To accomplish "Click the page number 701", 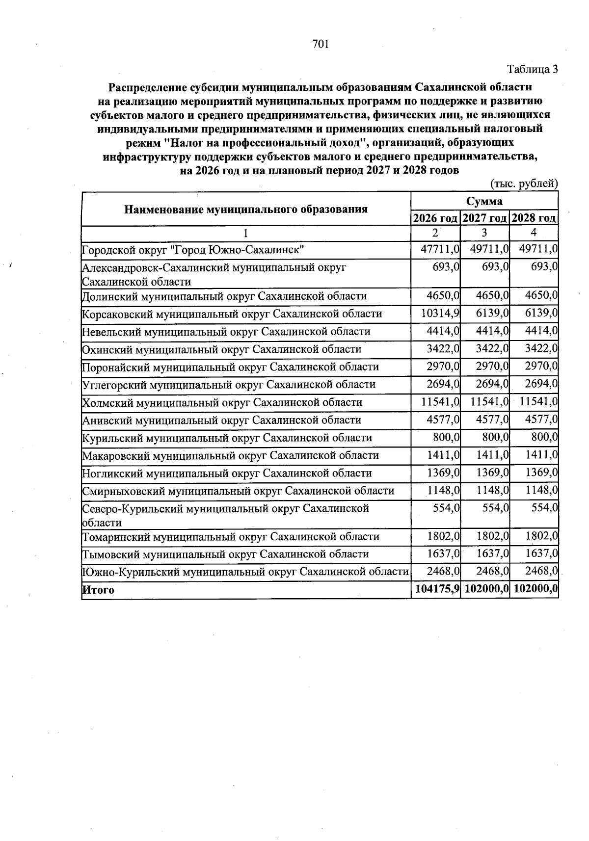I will (320, 44).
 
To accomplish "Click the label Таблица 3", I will (533, 69).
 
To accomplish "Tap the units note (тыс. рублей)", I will (524, 184).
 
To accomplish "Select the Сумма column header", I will (484, 201).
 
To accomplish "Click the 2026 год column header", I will (435, 218).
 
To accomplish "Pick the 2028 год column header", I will (534, 218).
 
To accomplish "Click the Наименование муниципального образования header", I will (246, 210).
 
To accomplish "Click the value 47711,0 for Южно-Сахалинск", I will (440, 250).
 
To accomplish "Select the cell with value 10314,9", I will (440, 314).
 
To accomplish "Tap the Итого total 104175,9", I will (437, 589).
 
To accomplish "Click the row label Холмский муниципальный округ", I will (222, 402).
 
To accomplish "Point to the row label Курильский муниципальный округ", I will (227, 438).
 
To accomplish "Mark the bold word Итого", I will (98, 590).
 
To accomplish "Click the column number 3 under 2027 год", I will (484, 233).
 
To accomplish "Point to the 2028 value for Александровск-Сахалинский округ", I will (544, 267).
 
